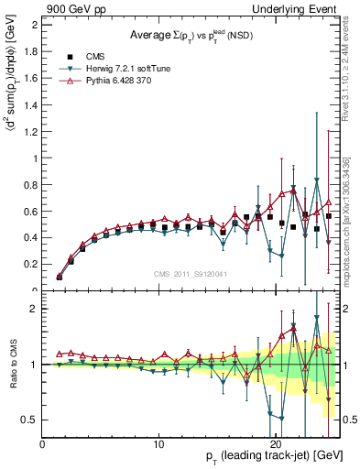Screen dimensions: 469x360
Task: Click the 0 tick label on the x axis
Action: coord(42,444)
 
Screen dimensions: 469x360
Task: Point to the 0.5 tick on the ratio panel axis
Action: coord(29,420)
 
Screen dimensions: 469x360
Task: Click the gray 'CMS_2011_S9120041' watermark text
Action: coord(191,274)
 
